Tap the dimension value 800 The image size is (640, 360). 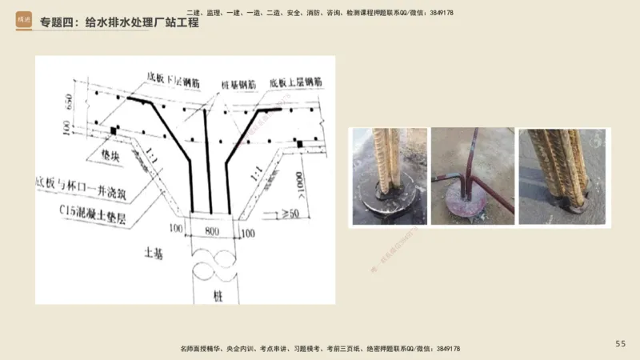(212, 231)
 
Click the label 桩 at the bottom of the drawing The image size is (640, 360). (217, 294)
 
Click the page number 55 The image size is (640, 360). (620, 343)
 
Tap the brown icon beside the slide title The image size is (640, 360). (23, 22)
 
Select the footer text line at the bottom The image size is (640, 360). (320, 350)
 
